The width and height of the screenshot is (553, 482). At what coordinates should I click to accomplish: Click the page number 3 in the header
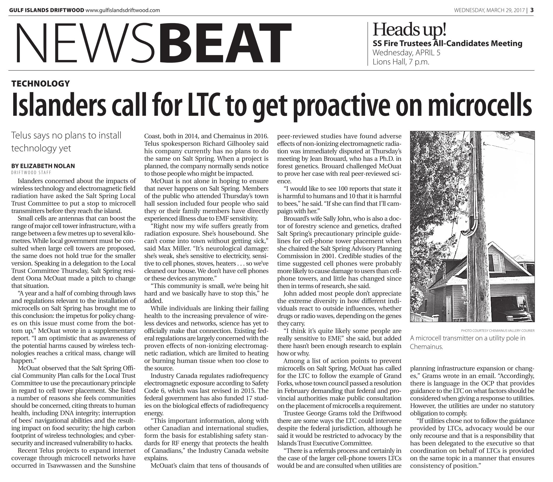(532, 10)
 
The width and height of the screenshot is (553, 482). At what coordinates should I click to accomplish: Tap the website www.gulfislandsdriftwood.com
(123, 10)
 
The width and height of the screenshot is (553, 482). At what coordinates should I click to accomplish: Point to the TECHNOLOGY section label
(41, 84)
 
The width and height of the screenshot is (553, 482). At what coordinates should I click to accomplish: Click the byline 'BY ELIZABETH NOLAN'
(43, 166)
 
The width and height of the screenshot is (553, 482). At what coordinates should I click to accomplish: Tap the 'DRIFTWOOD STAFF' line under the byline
(31, 173)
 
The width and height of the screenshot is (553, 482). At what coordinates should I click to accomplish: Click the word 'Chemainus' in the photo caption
(426, 347)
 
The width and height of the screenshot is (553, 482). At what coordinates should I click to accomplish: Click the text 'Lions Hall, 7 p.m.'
(401, 62)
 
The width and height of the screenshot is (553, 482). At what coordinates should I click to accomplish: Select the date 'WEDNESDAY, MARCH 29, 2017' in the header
(489, 10)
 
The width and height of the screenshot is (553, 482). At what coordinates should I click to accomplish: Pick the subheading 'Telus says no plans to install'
(66, 135)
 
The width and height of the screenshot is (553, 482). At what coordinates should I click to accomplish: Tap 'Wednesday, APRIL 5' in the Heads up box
(406, 52)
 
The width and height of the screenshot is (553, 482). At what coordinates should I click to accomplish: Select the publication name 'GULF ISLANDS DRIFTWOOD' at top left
(46, 10)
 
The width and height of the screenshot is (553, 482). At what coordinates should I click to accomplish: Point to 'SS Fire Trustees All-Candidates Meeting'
(447, 43)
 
